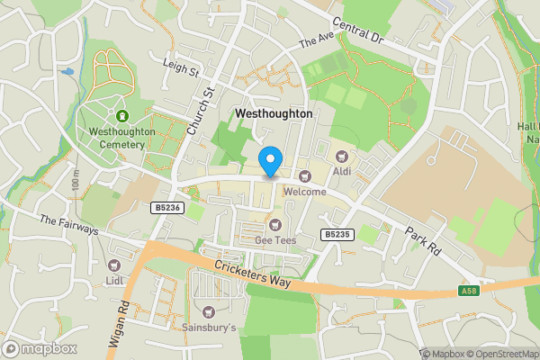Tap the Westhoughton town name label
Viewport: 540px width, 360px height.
(274, 114)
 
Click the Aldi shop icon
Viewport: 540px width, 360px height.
(340, 157)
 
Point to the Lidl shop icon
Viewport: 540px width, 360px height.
(113, 265)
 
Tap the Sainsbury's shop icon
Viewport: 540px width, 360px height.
(209, 311)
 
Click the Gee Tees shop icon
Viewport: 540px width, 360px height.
(276, 224)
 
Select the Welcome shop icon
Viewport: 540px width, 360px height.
(304, 176)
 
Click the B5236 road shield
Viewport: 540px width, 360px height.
(163, 207)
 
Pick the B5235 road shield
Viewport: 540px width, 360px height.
(336, 234)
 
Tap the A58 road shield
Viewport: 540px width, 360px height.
(468, 291)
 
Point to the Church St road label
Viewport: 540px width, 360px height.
(200, 112)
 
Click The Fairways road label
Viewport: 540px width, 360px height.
(68, 225)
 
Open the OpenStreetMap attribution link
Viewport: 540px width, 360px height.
(494, 354)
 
